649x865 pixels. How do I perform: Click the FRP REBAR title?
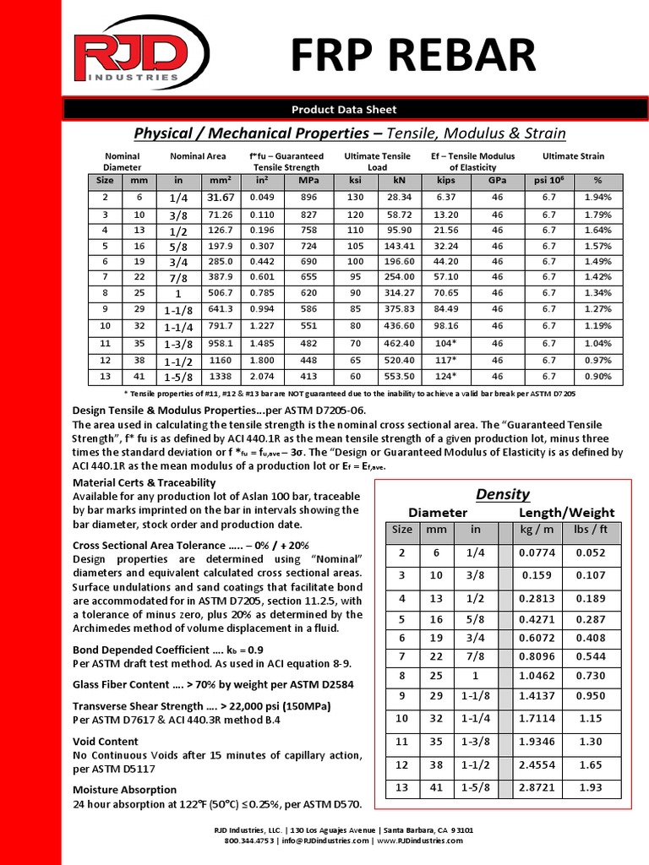(413, 56)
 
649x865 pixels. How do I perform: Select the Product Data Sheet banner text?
(344, 109)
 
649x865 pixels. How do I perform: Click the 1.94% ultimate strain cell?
(597, 197)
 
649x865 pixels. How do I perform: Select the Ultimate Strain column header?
(572, 156)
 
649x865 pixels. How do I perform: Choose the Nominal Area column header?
(198, 156)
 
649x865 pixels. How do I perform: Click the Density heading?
(502, 494)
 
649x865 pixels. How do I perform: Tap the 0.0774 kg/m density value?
(537, 552)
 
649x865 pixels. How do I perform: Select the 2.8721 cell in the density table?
(537, 786)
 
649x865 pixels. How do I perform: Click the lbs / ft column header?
(591, 529)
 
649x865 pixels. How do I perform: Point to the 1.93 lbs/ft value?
(591, 786)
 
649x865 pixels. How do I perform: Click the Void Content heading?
(106, 742)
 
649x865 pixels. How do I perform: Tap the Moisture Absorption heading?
(126, 790)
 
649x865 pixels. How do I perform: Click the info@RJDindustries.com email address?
(325, 841)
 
